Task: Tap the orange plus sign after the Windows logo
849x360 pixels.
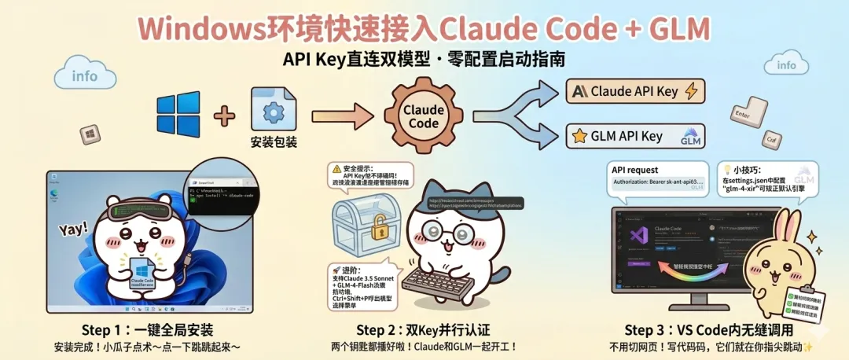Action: coord(225,116)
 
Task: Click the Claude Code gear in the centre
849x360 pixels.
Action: coord(424,117)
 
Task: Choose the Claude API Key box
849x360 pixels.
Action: coord(635,91)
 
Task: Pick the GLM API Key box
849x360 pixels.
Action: coord(635,136)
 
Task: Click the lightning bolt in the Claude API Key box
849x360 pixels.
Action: coord(691,91)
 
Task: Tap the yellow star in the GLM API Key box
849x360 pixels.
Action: coord(580,137)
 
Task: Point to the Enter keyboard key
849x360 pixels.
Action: coord(741,114)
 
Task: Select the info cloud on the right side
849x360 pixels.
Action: coord(786,65)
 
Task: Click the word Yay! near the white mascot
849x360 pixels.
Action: coord(73,230)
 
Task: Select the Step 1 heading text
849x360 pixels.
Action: coord(147,329)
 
